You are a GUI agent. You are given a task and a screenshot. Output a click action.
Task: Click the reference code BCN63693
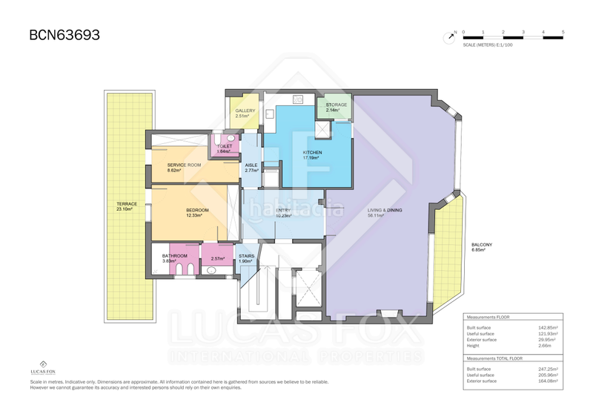pyautogui.click(x=64, y=34)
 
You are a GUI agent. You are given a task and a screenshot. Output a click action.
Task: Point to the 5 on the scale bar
pyautogui.click(x=563, y=32)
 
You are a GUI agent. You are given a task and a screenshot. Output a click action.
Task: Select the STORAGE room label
pyautogui.click(x=337, y=105)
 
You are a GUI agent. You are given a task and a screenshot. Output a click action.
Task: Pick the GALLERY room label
pyautogui.click(x=245, y=111)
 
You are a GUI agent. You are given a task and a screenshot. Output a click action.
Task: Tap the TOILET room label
pyautogui.click(x=225, y=146)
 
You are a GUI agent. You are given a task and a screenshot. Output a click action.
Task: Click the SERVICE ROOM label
pyautogui.click(x=184, y=165)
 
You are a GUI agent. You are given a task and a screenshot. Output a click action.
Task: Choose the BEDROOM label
pyautogui.click(x=197, y=210)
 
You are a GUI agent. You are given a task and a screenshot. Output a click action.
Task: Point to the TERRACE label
pyautogui.click(x=127, y=204)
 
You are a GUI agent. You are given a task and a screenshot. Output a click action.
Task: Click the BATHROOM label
pyautogui.click(x=175, y=256)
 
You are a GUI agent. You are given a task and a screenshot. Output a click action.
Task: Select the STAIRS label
pyautogui.click(x=247, y=256)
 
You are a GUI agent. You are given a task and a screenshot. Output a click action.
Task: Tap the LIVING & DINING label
pyautogui.click(x=385, y=211)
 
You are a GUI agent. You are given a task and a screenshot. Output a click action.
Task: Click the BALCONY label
pyautogui.click(x=482, y=245)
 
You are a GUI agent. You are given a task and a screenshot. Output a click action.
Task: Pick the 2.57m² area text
pyautogui.click(x=218, y=259)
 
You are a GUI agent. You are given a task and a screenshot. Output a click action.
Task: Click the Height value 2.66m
pyautogui.click(x=547, y=346)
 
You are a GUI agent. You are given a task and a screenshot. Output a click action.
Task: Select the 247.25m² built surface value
pyautogui.click(x=549, y=369)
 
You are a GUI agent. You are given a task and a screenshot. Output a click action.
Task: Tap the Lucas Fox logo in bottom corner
pyautogui.click(x=47, y=367)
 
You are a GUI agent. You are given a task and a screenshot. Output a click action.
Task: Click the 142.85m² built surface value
pyautogui.click(x=549, y=327)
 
